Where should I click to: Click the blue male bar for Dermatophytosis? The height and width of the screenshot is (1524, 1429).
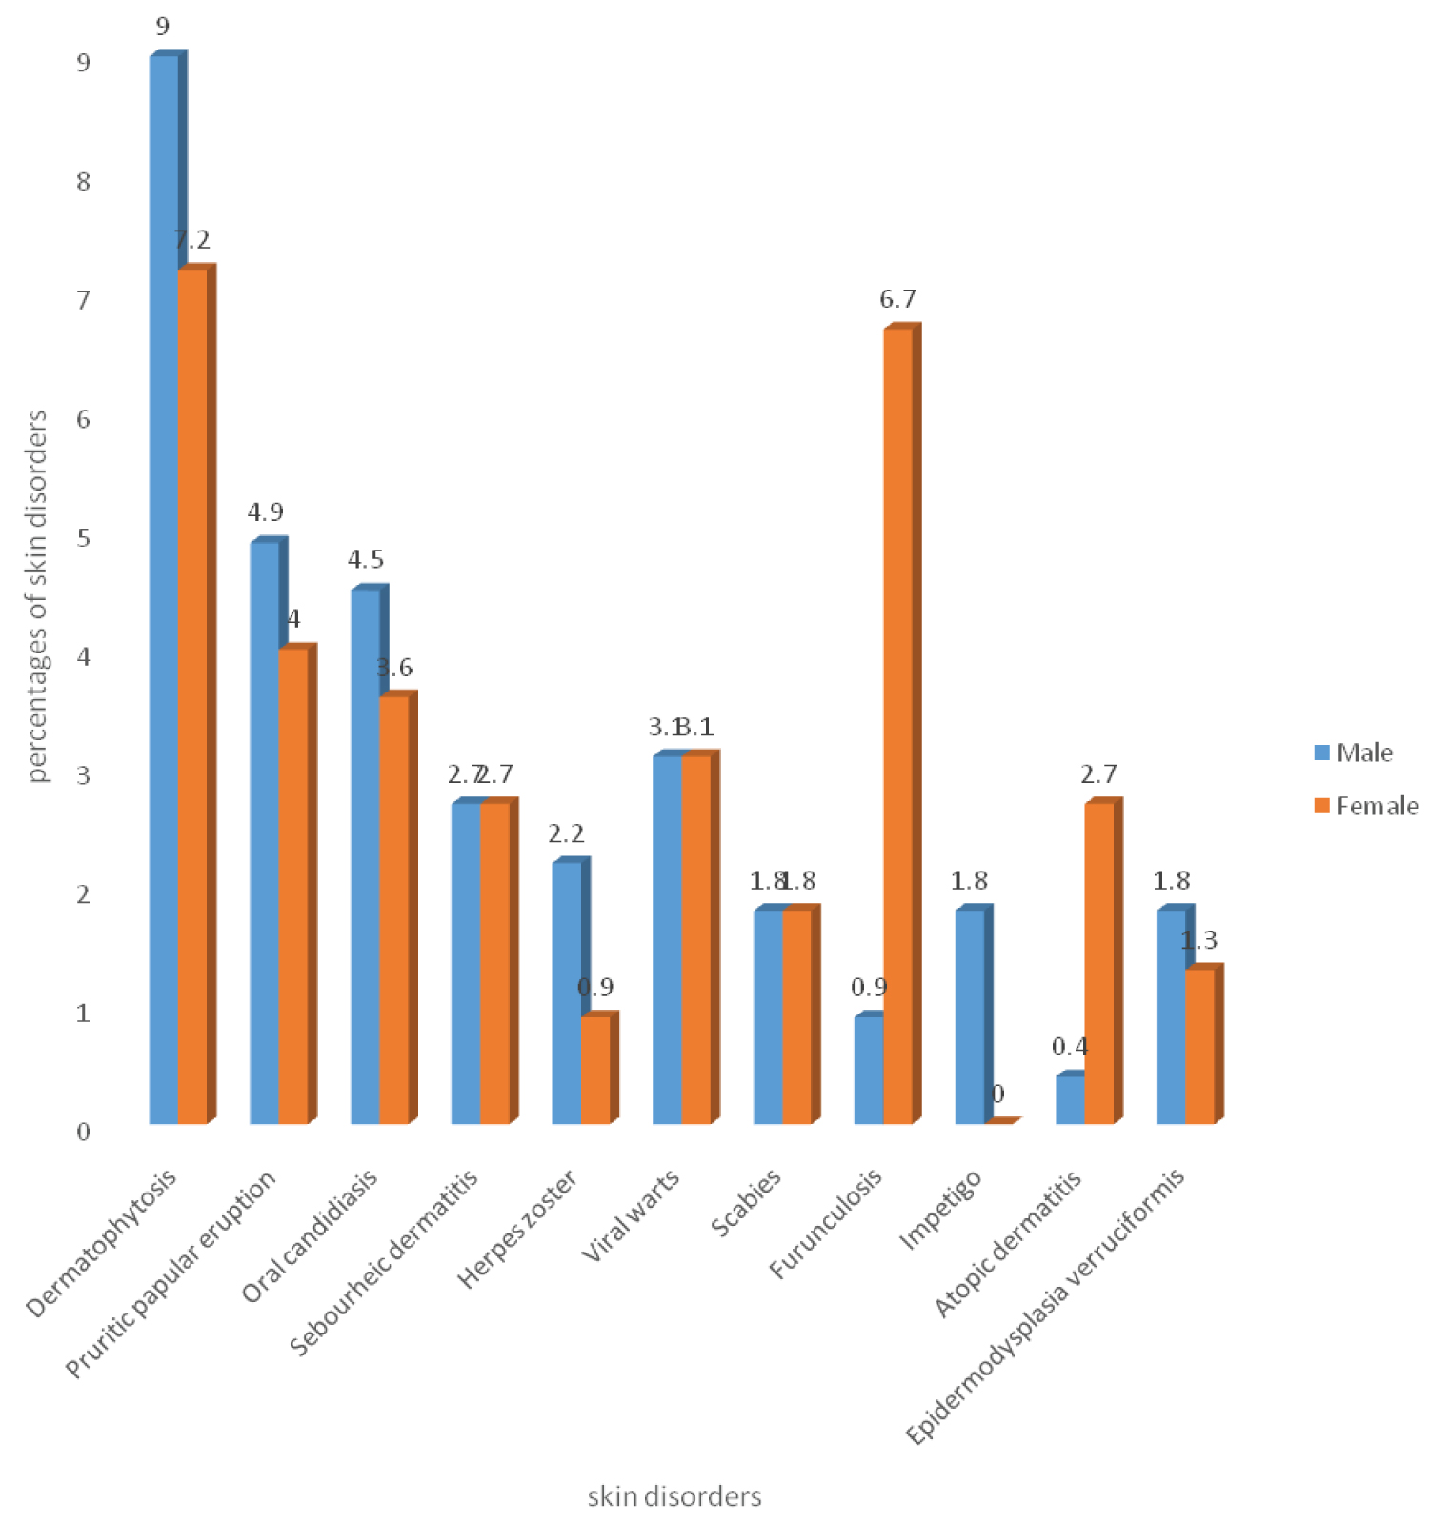click(x=163, y=591)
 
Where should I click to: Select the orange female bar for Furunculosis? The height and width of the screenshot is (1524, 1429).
click(x=897, y=724)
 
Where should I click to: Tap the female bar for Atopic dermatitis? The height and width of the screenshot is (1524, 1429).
click(x=1098, y=962)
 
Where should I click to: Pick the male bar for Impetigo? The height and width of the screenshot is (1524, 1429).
click(x=969, y=1015)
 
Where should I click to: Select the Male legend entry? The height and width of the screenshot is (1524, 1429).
click(x=1353, y=752)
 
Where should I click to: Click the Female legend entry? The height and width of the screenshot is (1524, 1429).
click(x=1365, y=806)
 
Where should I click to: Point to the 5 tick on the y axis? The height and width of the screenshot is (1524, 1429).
click(x=84, y=538)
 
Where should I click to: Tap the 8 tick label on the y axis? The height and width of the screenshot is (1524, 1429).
click(x=84, y=181)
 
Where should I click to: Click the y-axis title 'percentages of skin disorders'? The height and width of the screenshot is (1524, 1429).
click(x=36, y=595)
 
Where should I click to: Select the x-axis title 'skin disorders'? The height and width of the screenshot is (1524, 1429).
click(x=674, y=1496)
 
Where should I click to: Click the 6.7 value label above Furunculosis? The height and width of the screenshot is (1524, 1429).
click(x=897, y=299)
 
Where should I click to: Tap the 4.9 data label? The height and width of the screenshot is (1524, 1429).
click(x=265, y=512)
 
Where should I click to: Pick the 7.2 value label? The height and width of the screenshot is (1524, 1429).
click(x=192, y=240)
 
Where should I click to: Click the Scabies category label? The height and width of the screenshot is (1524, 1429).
click(x=746, y=1202)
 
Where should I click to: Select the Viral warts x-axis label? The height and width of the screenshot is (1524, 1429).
click(x=631, y=1215)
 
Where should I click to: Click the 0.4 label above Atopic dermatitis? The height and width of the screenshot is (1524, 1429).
click(x=1070, y=1047)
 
